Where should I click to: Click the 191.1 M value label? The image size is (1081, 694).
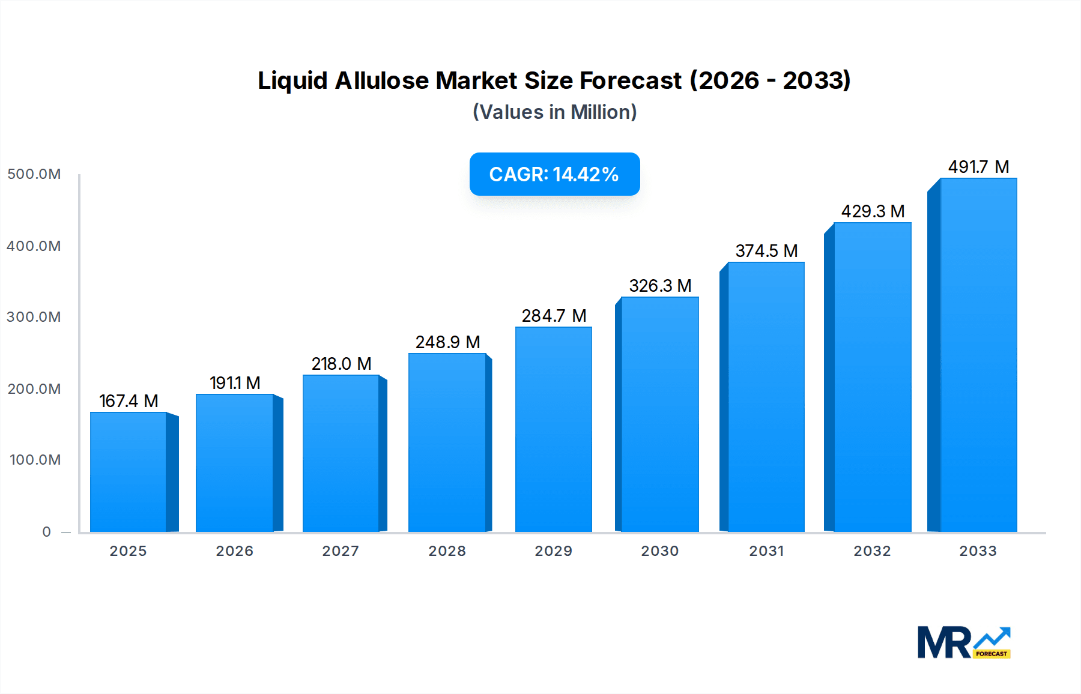(235, 383)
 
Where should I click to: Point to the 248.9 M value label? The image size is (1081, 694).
(447, 342)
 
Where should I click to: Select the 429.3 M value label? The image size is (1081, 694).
(873, 211)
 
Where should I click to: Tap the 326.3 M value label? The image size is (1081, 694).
(660, 286)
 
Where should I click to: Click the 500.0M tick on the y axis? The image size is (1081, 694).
(34, 174)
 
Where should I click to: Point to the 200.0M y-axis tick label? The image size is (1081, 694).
(34, 389)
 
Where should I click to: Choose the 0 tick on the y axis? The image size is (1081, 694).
(46, 532)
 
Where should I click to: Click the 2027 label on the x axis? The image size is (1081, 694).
(341, 551)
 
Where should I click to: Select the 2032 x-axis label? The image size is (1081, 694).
(872, 551)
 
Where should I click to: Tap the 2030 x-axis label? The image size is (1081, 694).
(659, 551)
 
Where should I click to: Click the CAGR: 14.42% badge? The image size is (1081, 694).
(554, 174)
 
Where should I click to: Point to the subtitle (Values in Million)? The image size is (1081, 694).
(554, 112)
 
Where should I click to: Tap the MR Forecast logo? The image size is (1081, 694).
(963, 642)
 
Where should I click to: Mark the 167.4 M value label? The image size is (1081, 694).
(129, 401)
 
